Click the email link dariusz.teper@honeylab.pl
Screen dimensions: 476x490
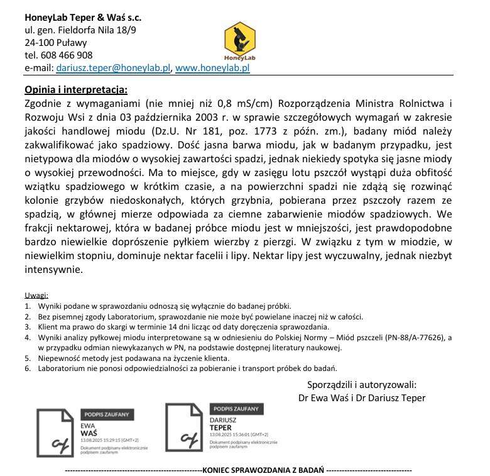(113, 68)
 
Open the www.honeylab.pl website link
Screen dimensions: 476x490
(212, 68)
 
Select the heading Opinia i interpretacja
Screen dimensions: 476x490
(76, 89)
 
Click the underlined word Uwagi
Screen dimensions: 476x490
(36, 296)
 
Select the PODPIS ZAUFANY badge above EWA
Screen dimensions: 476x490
(106, 414)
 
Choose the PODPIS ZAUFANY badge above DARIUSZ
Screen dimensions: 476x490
(234, 408)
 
